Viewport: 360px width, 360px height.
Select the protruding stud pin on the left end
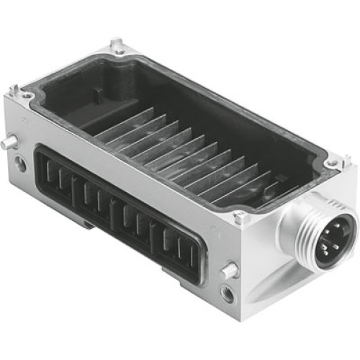[8, 143]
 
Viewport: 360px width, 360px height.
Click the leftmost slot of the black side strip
[48, 173]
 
